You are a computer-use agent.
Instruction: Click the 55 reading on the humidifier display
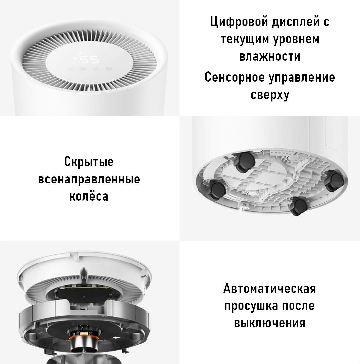coord(89,60)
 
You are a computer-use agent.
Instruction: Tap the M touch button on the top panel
coord(83,69)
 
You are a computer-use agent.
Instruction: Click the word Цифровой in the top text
coord(239,22)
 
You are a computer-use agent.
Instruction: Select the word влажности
coord(270,56)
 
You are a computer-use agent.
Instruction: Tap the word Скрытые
coord(89,162)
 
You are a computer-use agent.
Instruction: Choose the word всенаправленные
coord(89,179)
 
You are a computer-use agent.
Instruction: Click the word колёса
coord(89,196)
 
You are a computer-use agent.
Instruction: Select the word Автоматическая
coord(270,289)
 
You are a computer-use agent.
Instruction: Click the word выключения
coord(270,323)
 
